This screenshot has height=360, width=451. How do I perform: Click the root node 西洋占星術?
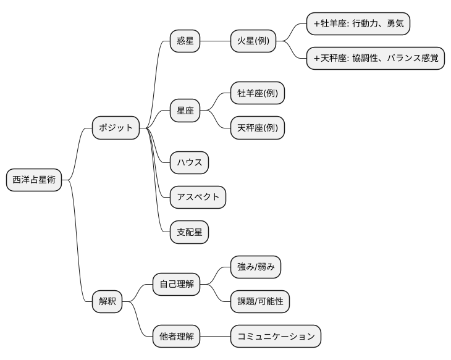tap(34, 180)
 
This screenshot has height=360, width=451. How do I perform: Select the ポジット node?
tap(116, 128)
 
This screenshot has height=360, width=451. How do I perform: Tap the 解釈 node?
tap(107, 302)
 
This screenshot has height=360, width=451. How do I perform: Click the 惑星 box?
tap(185, 41)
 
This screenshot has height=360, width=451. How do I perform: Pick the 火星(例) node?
tap(253, 41)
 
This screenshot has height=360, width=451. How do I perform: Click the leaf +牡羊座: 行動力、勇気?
tap(358, 24)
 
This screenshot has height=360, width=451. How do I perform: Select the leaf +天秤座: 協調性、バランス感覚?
tap(376, 58)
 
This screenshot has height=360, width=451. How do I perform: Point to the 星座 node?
tap(185, 111)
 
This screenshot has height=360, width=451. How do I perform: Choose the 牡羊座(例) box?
tap(258, 94)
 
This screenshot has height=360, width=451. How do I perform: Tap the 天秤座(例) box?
tap(258, 128)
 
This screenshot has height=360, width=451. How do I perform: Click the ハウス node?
tap(190, 163)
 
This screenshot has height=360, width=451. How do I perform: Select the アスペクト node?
tap(198, 197)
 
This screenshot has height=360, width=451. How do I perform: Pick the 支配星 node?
tap(190, 232)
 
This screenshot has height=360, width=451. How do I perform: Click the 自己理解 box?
tap(177, 285)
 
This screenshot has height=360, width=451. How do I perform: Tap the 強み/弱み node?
tap(256, 267)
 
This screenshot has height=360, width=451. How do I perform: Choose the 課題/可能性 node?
tap(259, 301)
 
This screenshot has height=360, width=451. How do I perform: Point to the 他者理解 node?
tap(177, 337)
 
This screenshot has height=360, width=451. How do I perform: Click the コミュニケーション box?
tap(276, 337)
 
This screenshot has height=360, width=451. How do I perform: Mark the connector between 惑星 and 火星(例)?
tap(215, 41)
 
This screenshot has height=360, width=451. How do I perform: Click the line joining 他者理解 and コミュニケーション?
tap(215, 337)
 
